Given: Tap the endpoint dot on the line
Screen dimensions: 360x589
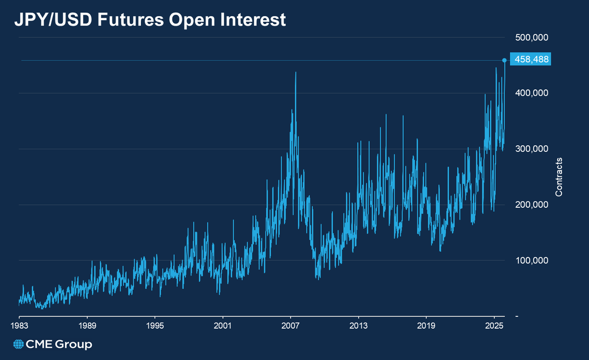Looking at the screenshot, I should click(505, 60).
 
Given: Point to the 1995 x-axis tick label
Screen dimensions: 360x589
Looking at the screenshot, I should click(155, 326).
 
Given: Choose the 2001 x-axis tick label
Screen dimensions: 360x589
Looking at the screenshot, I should click(223, 326).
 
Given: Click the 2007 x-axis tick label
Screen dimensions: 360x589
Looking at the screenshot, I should click(291, 326).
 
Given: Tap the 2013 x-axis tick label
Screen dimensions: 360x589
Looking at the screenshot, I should click(358, 326).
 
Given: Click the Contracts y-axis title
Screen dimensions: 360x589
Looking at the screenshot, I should click(559, 177).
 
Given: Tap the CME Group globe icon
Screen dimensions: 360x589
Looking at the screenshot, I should click(19, 345).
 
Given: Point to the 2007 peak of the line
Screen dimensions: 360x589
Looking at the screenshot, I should click(295, 73).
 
